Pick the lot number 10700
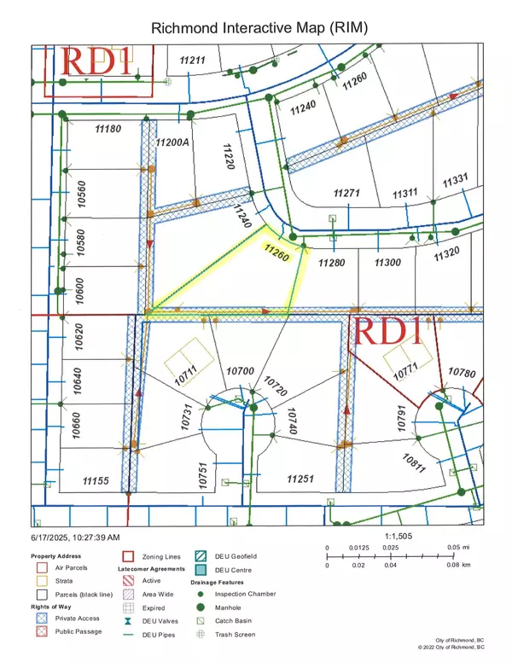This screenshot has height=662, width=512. [241, 371]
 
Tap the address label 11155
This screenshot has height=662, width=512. [96, 481]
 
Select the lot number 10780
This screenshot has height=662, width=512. [461, 372]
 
